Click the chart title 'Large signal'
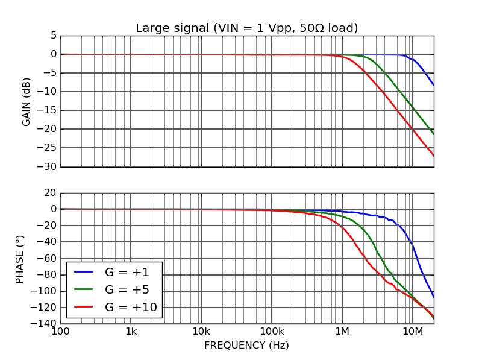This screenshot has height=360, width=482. (x=246, y=28)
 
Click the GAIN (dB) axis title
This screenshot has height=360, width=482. (x=27, y=101)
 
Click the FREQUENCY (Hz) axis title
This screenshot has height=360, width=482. (x=246, y=346)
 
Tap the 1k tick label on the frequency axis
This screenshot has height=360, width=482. (x=131, y=332)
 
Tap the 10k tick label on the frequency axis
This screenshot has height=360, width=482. (x=201, y=332)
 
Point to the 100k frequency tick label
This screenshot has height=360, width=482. (x=272, y=332)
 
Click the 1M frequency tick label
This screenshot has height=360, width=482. (x=342, y=332)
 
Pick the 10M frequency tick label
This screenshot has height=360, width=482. (x=413, y=332)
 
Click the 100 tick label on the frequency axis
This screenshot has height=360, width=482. (x=60, y=332)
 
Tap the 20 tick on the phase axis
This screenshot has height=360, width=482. (x=50, y=193)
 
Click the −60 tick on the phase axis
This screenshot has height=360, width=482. (x=47, y=259)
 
